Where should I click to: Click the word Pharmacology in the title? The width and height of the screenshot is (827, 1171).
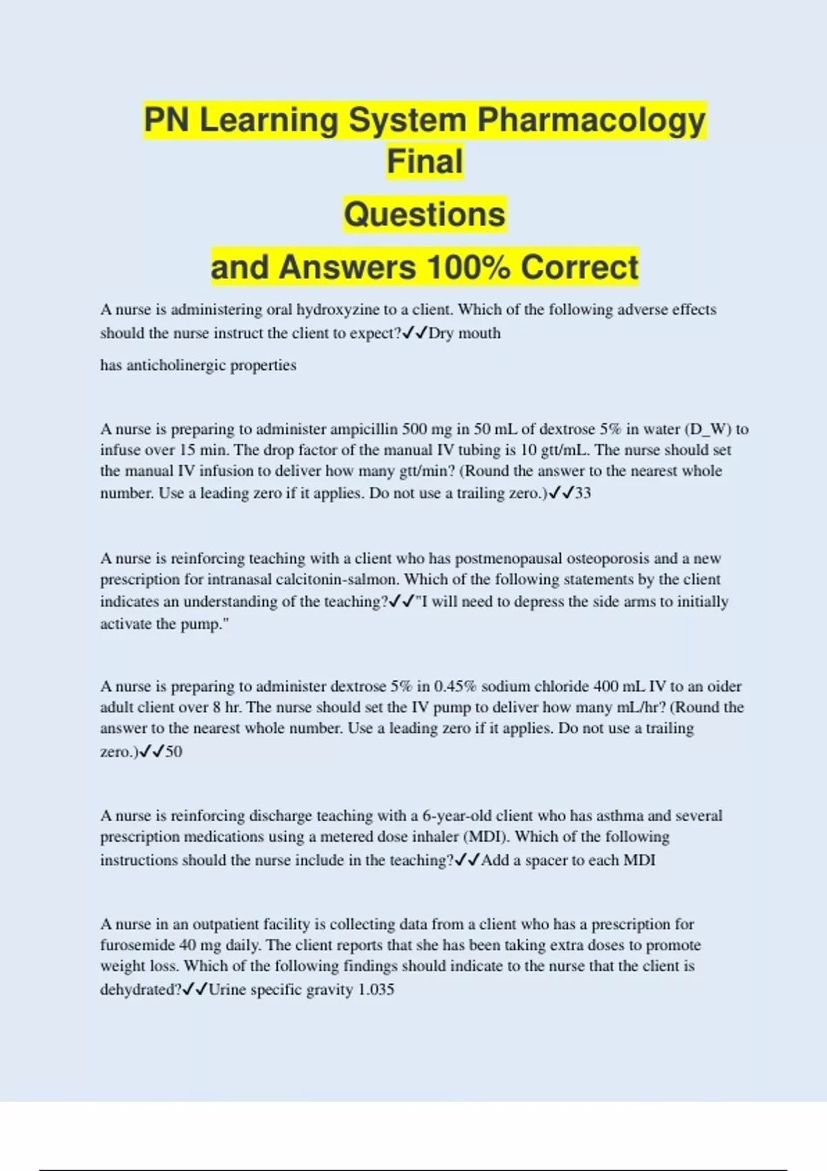click(x=591, y=121)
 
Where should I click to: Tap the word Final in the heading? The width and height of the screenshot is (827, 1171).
click(x=425, y=162)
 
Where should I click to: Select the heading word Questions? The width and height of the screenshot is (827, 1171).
click(x=425, y=214)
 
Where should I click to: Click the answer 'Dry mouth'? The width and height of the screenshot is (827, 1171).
click(x=464, y=333)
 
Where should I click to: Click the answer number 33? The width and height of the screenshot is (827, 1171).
click(x=583, y=493)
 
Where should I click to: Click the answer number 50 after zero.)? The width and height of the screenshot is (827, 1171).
click(x=174, y=752)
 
